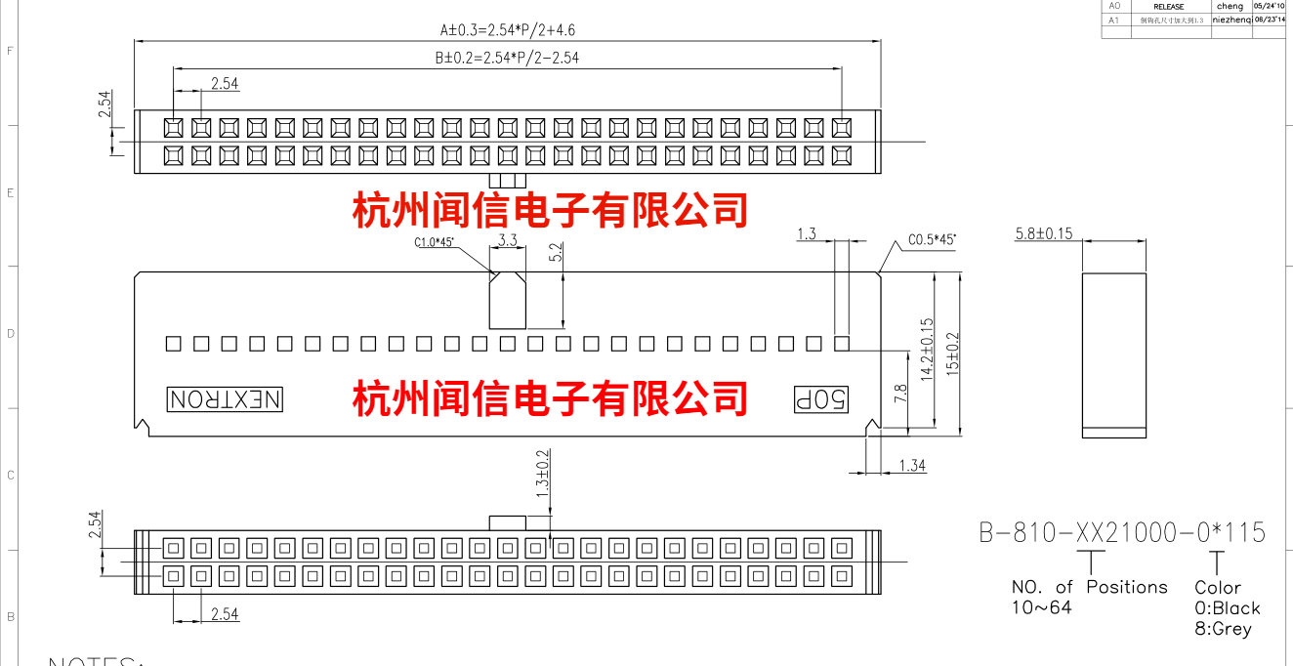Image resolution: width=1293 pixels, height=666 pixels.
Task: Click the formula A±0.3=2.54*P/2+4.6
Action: point(507,29)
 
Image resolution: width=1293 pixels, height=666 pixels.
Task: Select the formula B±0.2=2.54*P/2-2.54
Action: point(507,58)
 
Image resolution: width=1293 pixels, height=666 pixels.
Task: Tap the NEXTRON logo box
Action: point(226,399)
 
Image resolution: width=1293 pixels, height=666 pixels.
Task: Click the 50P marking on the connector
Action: point(820,399)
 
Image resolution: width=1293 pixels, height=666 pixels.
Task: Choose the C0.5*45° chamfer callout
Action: point(932,239)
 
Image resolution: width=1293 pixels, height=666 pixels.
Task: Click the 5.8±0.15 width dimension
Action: point(1058,233)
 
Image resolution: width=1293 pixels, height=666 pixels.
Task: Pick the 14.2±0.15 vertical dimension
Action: point(927,349)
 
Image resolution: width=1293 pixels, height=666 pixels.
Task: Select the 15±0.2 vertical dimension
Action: point(953,354)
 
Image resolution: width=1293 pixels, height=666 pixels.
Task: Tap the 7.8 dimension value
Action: point(901,394)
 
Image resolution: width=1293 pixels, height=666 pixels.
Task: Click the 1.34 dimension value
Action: point(912,466)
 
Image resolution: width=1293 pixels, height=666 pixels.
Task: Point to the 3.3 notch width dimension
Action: point(508,239)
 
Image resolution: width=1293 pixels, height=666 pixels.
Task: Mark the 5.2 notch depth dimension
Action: point(556,253)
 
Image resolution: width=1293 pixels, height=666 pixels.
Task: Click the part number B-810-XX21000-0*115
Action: point(1122,532)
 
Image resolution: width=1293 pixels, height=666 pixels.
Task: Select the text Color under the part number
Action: point(1218,588)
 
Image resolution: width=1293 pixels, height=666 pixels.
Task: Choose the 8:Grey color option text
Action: point(1223,629)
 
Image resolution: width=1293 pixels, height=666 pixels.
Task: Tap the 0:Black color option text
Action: point(1228,608)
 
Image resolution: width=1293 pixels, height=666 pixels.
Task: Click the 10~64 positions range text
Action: point(1041,607)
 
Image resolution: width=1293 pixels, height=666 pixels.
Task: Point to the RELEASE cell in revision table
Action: point(1168,6)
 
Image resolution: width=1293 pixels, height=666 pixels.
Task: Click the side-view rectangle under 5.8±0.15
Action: point(1113,355)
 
